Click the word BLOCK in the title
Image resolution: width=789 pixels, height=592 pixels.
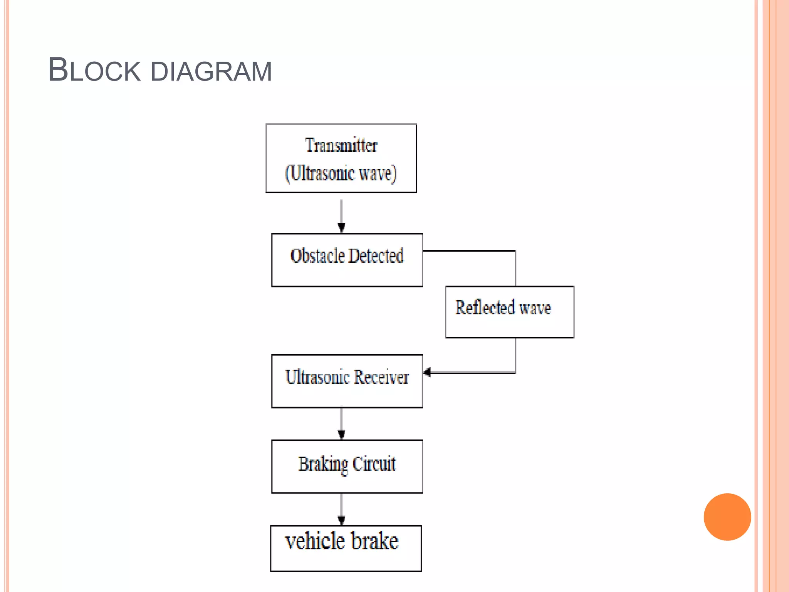pyautogui.click(x=94, y=71)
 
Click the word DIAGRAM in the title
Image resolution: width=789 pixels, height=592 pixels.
pyautogui.click(x=211, y=72)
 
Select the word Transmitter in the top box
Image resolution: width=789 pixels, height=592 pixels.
pyautogui.click(x=341, y=146)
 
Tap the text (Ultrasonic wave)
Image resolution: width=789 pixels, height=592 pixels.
pyautogui.click(x=341, y=173)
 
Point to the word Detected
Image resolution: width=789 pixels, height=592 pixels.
pyautogui.click(x=376, y=256)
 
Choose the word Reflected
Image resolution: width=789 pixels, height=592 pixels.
pyautogui.click(x=485, y=308)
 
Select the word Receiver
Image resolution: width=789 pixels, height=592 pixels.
pyautogui.click(x=381, y=377)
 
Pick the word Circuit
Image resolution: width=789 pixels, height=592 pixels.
pyautogui.click(x=374, y=464)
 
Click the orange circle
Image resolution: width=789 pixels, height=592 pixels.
pyautogui.click(x=727, y=517)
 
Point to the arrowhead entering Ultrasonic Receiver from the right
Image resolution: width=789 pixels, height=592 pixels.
pyautogui.click(x=427, y=372)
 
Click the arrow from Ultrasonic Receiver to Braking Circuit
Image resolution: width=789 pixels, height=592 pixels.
pyautogui.click(x=341, y=423)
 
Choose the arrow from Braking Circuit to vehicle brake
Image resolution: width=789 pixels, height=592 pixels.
pyautogui.click(x=341, y=509)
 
